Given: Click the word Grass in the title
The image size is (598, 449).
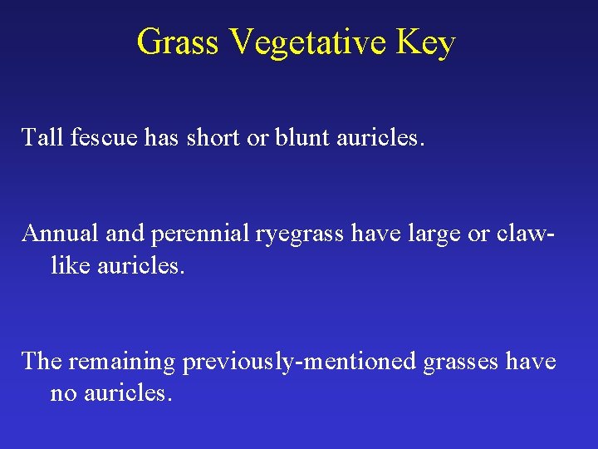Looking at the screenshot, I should (x=177, y=42).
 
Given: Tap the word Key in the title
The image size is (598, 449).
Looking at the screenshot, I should (x=425, y=42).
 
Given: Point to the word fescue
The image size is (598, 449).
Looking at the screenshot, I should (x=96, y=137).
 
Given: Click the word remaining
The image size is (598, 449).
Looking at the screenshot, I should (x=122, y=363).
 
